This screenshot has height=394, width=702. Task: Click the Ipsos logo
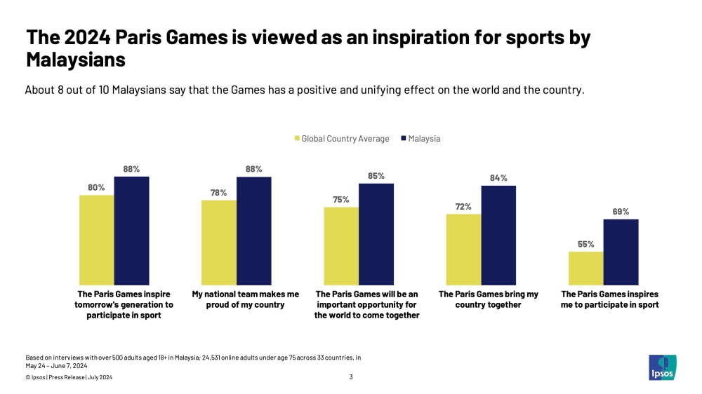(662, 367)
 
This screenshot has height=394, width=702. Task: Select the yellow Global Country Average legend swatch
(297, 139)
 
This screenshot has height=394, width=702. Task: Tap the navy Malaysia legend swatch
(403, 139)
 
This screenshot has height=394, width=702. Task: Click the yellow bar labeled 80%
(97, 239)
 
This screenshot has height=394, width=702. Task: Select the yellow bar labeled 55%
(585, 267)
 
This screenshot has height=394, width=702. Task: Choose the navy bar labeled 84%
(498, 234)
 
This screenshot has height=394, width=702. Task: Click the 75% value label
(341, 200)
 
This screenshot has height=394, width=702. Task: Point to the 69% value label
(621, 212)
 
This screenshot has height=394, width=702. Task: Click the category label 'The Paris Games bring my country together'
(489, 299)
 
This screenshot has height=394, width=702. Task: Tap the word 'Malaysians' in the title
(76, 60)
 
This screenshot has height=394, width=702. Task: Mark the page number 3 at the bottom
(350, 378)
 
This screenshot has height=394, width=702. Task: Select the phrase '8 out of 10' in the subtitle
(79, 90)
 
